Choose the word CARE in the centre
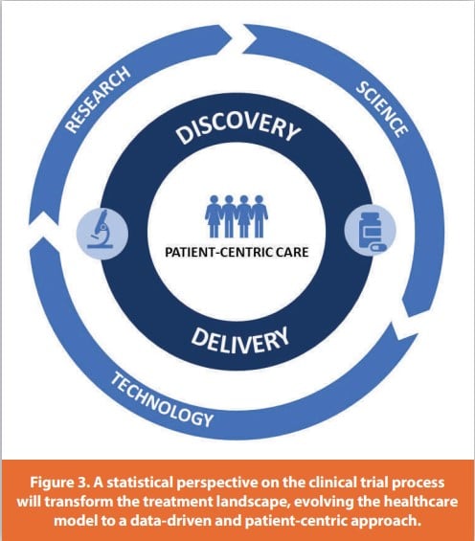pyautogui.click(x=287, y=254)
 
